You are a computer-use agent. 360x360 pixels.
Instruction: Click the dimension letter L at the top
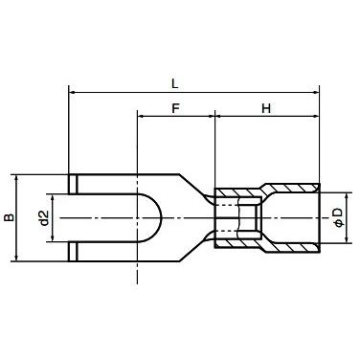click(x=193, y=81)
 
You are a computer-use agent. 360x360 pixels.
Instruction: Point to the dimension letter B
click(x=11, y=218)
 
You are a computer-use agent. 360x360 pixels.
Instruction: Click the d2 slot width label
click(x=43, y=218)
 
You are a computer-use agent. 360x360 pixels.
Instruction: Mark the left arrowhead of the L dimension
click(x=74, y=93)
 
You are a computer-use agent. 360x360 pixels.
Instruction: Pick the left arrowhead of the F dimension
click(x=142, y=118)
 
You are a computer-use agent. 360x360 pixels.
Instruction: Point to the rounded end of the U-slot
click(x=154, y=218)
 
